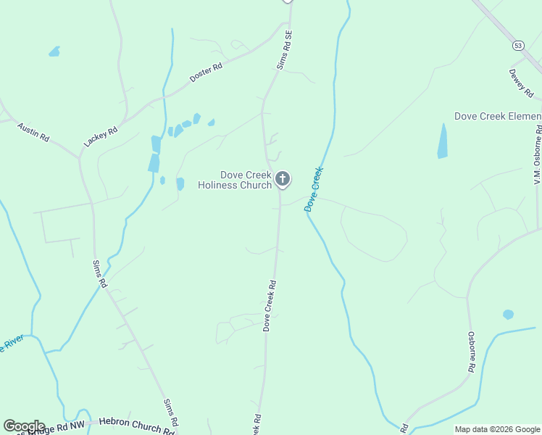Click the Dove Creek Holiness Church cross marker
[283, 178]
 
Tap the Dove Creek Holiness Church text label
[235, 180]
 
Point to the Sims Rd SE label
[285, 49]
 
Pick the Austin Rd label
[33, 131]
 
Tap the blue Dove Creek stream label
[313, 189]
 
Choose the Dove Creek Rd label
[270, 306]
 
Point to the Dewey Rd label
[521, 84]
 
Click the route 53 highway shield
[517, 45]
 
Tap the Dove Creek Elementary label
[498, 116]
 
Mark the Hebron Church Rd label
[136, 425]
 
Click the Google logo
[24, 426]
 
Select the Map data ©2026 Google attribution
[496, 429]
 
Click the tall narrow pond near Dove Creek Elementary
[443, 141]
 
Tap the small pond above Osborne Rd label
[508, 315]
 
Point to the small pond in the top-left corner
[54, 51]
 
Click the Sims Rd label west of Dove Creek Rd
[100, 274]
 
